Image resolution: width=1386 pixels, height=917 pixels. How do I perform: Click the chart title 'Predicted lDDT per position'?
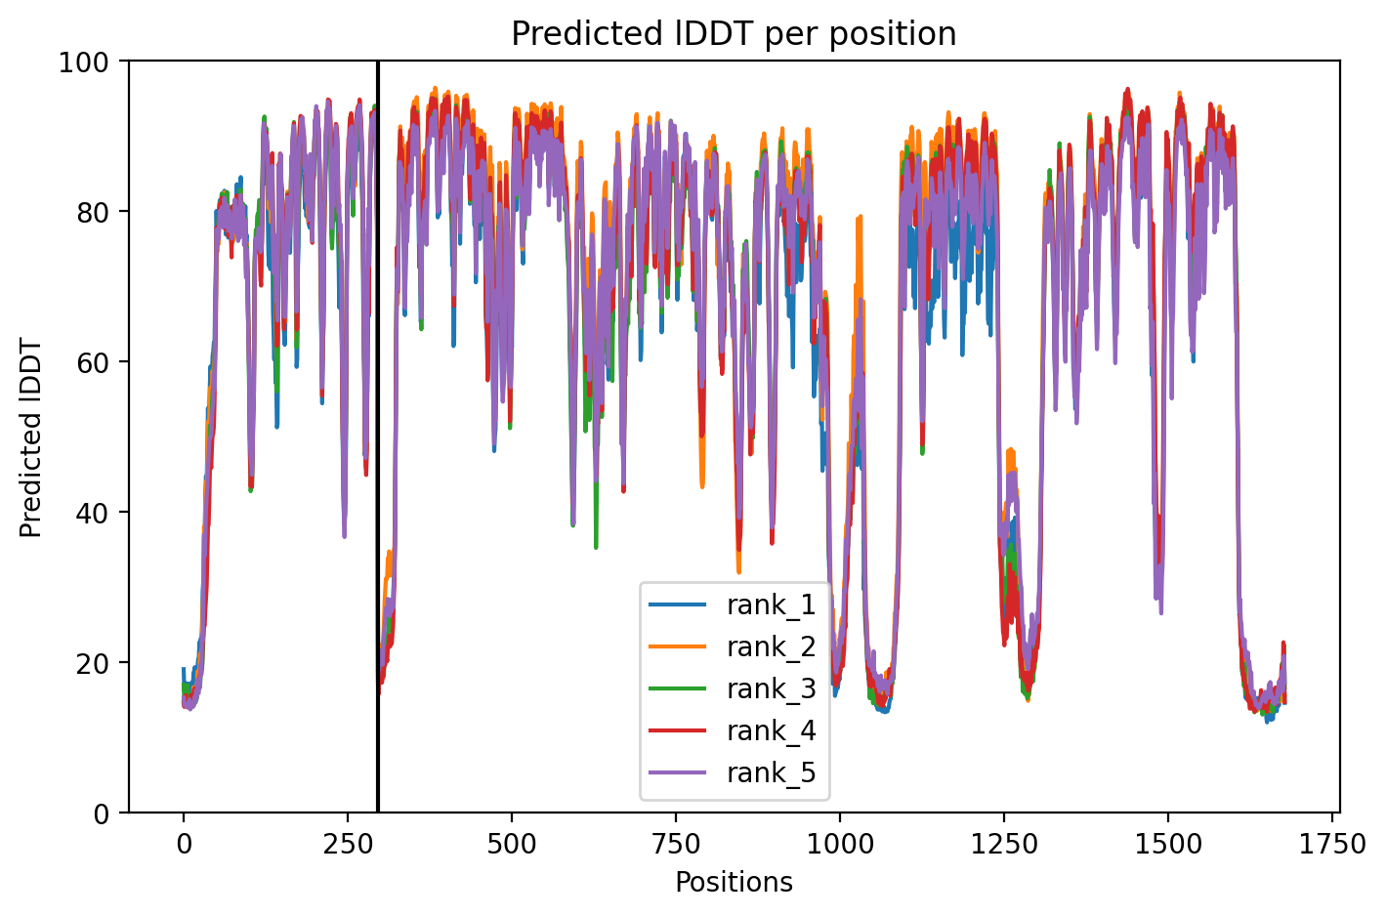click(x=734, y=33)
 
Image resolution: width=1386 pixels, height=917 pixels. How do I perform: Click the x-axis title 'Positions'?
click(x=734, y=882)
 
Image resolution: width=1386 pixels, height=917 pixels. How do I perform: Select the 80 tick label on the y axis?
click(x=92, y=213)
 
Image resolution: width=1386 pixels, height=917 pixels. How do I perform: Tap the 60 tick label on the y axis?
click(x=92, y=363)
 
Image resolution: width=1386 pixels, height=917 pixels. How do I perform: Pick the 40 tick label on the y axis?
click(x=92, y=514)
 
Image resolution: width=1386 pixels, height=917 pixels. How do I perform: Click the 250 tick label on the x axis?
click(x=348, y=844)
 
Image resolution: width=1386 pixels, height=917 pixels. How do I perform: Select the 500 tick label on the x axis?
click(x=512, y=844)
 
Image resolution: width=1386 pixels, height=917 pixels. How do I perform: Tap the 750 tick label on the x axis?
click(x=676, y=844)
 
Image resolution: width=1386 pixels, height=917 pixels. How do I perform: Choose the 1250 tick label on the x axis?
click(x=1004, y=844)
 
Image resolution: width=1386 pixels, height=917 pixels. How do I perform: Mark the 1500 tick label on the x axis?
click(x=1167, y=844)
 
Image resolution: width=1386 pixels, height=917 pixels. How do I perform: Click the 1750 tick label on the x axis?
click(x=1331, y=844)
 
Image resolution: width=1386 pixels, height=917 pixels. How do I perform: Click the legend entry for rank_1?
click(x=733, y=604)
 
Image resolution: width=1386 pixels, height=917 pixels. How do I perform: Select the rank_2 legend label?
click(x=772, y=646)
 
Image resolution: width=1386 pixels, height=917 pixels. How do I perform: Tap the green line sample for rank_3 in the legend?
click(x=677, y=688)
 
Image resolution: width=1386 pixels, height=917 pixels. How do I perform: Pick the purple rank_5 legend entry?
click(x=733, y=772)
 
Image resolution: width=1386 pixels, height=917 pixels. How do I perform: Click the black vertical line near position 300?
click(x=377, y=437)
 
